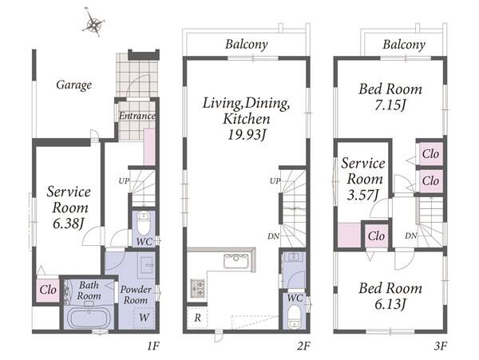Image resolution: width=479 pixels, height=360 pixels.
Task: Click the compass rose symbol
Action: [93, 22]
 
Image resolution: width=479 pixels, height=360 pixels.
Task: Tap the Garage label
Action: [73, 85]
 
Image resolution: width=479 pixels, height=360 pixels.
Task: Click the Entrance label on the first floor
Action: [137, 116]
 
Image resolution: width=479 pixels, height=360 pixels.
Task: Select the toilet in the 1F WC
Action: [143, 224]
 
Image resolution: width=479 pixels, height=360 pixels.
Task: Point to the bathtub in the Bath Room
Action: [89, 318]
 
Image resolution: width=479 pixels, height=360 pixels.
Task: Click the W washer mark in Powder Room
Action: [144, 317]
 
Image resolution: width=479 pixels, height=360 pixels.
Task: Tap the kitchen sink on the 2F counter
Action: [236, 261]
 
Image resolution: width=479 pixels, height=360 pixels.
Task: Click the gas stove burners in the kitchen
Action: [197, 288]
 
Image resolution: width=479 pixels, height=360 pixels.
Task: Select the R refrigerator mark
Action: [197, 318]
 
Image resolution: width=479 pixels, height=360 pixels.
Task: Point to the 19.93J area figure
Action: [246, 135]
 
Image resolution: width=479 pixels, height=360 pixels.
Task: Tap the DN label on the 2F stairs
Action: [273, 236]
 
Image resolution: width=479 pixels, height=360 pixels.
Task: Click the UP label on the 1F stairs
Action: [124, 181]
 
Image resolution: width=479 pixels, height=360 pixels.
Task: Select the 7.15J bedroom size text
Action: [390, 105]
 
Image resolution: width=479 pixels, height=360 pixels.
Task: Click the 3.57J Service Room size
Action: [363, 195]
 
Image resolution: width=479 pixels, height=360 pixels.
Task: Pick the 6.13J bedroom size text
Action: [390, 304]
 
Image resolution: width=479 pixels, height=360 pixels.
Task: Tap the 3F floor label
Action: [440, 346]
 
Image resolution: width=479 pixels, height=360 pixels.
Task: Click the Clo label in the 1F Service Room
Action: [48, 290]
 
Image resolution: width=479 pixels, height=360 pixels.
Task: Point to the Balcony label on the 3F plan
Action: [404, 45]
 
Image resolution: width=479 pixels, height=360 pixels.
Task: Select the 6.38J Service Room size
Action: [68, 224]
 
